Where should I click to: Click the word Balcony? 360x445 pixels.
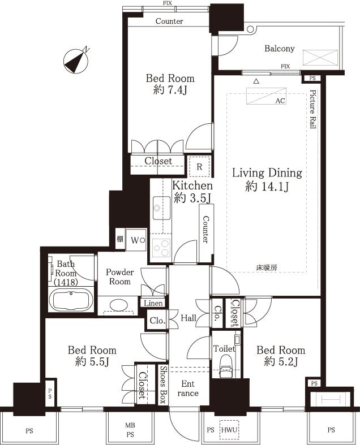[x=280, y=49]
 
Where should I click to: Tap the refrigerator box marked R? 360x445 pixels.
[x=199, y=166]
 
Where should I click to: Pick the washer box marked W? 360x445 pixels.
[x=136, y=239]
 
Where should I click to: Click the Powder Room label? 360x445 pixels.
[x=119, y=276]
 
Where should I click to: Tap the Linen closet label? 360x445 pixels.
[x=153, y=304]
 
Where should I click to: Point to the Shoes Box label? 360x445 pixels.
[x=162, y=384]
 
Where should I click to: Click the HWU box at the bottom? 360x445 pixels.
[x=229, y=430]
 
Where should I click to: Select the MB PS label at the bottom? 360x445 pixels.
[x=130, y=430]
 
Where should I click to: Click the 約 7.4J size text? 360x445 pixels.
[x=170, y=90]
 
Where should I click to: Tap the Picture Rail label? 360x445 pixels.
[x=312, y=110]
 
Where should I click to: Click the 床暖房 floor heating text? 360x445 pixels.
[x=266, y=267]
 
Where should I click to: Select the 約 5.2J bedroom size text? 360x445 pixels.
[x=280, y=362]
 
